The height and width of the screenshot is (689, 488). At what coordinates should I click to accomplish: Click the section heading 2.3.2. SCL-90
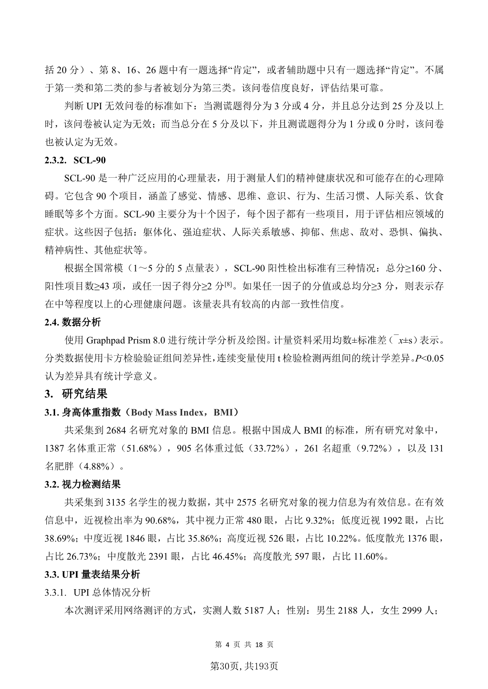click(75, 160)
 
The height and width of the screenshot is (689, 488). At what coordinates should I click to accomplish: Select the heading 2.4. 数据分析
click(73, 322)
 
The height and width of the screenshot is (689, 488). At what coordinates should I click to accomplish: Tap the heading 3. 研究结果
click(76, 394)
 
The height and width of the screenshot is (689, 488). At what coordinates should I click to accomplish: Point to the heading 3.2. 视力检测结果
click(83, 484)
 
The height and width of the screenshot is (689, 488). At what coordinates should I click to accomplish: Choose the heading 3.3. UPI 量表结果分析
click(92, 574)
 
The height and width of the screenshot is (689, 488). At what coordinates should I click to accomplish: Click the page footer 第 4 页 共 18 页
click(244, 645)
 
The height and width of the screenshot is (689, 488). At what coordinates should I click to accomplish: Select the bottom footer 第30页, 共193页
click(244, 666)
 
